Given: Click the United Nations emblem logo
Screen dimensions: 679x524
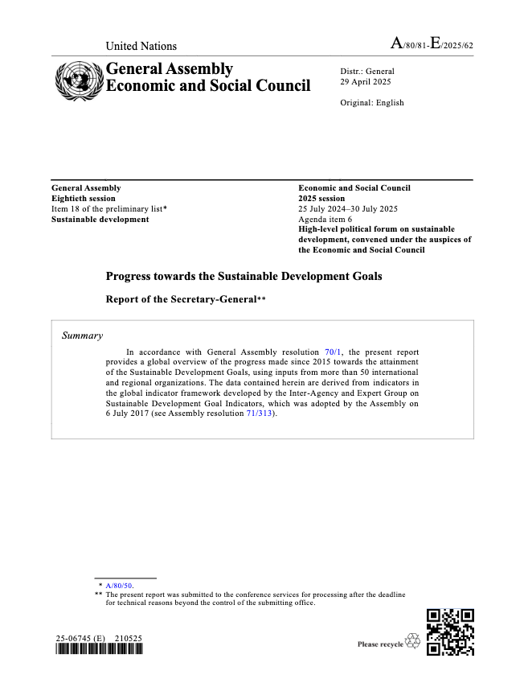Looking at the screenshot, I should point(78,78).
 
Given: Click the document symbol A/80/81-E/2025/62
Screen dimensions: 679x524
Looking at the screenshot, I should point(432,44).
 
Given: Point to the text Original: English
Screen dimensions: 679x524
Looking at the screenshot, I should point(372,103).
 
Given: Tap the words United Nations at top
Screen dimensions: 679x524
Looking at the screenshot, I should point(141,46).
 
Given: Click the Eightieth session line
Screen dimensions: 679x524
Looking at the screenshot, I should point(84,199).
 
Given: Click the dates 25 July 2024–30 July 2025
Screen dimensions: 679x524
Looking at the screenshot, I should point(348,209).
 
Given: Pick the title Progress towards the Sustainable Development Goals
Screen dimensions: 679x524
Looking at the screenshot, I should point(244,276).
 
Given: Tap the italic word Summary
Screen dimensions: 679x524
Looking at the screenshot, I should point(82,335).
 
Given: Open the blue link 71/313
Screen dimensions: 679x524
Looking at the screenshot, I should point(260,413).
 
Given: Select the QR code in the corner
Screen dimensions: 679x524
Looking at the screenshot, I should point(450,632).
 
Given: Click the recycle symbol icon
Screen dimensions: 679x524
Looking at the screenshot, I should point(413,640).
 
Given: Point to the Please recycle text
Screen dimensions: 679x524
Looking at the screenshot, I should point(380,644).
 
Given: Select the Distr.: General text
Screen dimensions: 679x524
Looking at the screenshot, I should point(367,72).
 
